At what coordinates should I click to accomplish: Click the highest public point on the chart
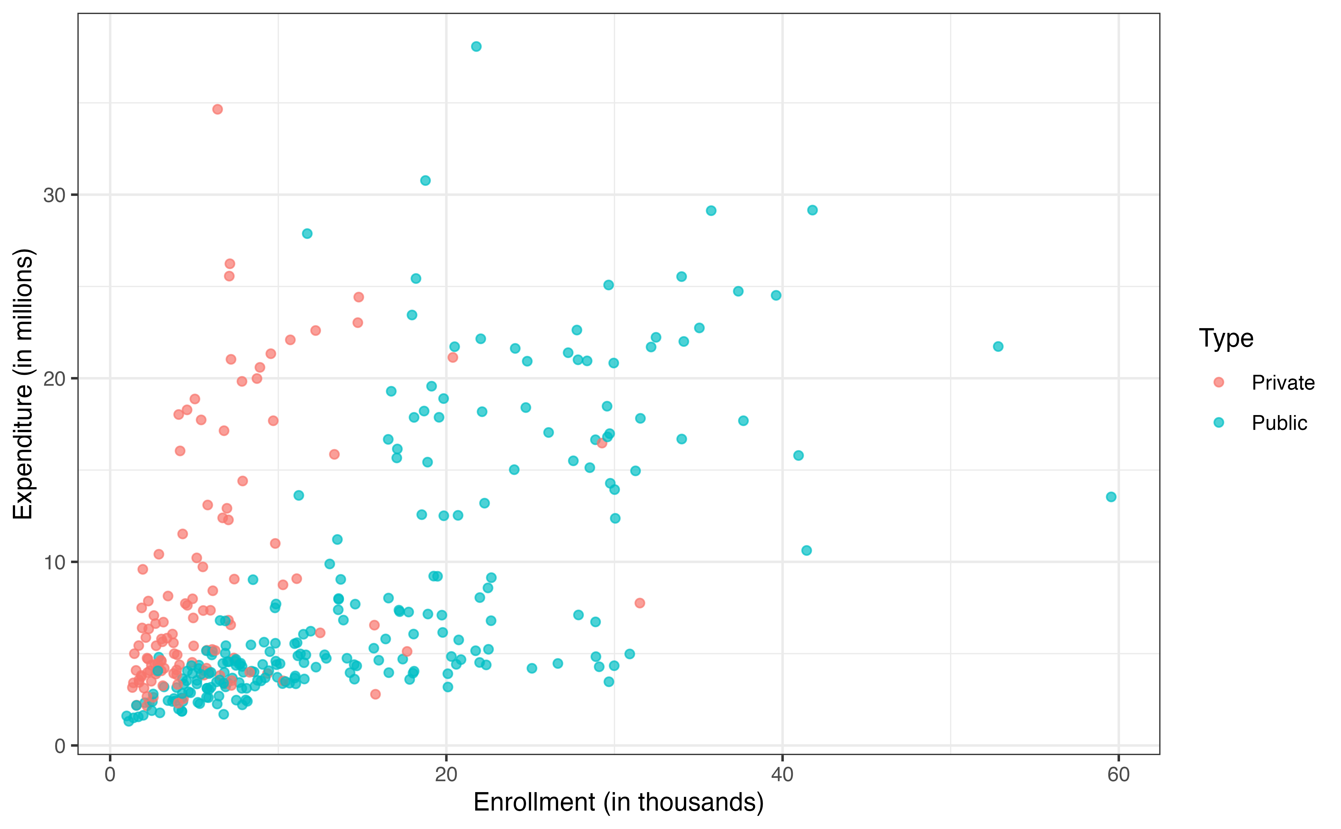476,47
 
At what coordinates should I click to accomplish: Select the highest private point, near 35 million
218,109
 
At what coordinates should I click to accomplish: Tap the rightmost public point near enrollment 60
1111,497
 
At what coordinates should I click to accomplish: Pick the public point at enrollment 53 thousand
998,347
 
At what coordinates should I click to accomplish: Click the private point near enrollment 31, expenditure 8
639,603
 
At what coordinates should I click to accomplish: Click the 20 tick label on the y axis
54,379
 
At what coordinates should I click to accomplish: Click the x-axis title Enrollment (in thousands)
618,802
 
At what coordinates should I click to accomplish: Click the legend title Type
1226,338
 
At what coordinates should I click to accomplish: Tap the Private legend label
1283,383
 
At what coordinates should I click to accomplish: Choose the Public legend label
1279,423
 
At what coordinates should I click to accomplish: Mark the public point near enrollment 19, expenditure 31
425,180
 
